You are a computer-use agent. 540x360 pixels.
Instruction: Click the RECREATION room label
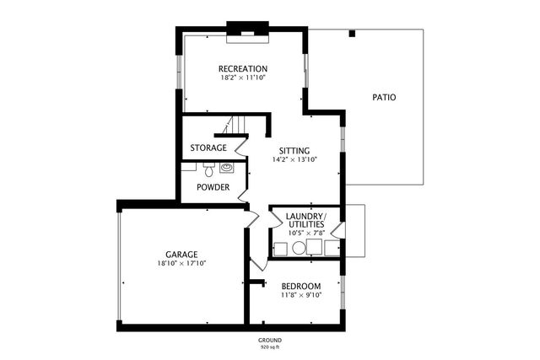[x=243, y=69]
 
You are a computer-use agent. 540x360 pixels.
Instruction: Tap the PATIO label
[x=384, y=97]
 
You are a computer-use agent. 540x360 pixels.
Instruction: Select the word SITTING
[x=294, y=150]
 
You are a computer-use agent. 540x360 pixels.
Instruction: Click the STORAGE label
[x=208, y=148]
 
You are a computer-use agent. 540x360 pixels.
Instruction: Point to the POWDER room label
[x=213, y=187]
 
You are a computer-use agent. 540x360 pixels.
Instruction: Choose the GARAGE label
[x=181, y=254]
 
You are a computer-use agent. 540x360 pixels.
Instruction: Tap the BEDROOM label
[x=300, y=286]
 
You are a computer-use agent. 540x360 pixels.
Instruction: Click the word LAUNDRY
[x=304, y=217]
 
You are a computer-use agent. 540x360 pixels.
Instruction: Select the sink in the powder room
[x=226, y=167]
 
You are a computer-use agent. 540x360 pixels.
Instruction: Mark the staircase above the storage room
[x=229, y=126]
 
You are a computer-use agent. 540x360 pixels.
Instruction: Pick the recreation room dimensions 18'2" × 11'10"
[x=243, y=78]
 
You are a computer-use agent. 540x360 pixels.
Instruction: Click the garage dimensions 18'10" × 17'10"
[x=181, y=263]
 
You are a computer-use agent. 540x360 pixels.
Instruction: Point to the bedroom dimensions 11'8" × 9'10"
[x=300, y=295]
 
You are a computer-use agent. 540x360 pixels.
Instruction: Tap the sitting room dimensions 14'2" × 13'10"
[x=294, y=159]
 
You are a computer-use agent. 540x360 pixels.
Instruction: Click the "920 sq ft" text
[x=269, y=347]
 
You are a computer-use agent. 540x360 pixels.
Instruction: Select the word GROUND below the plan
[x=269, y=340]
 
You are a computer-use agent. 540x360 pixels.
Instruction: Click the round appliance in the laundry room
[x=298, y=249]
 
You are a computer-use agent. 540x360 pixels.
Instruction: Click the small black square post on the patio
[x=353, y=34]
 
